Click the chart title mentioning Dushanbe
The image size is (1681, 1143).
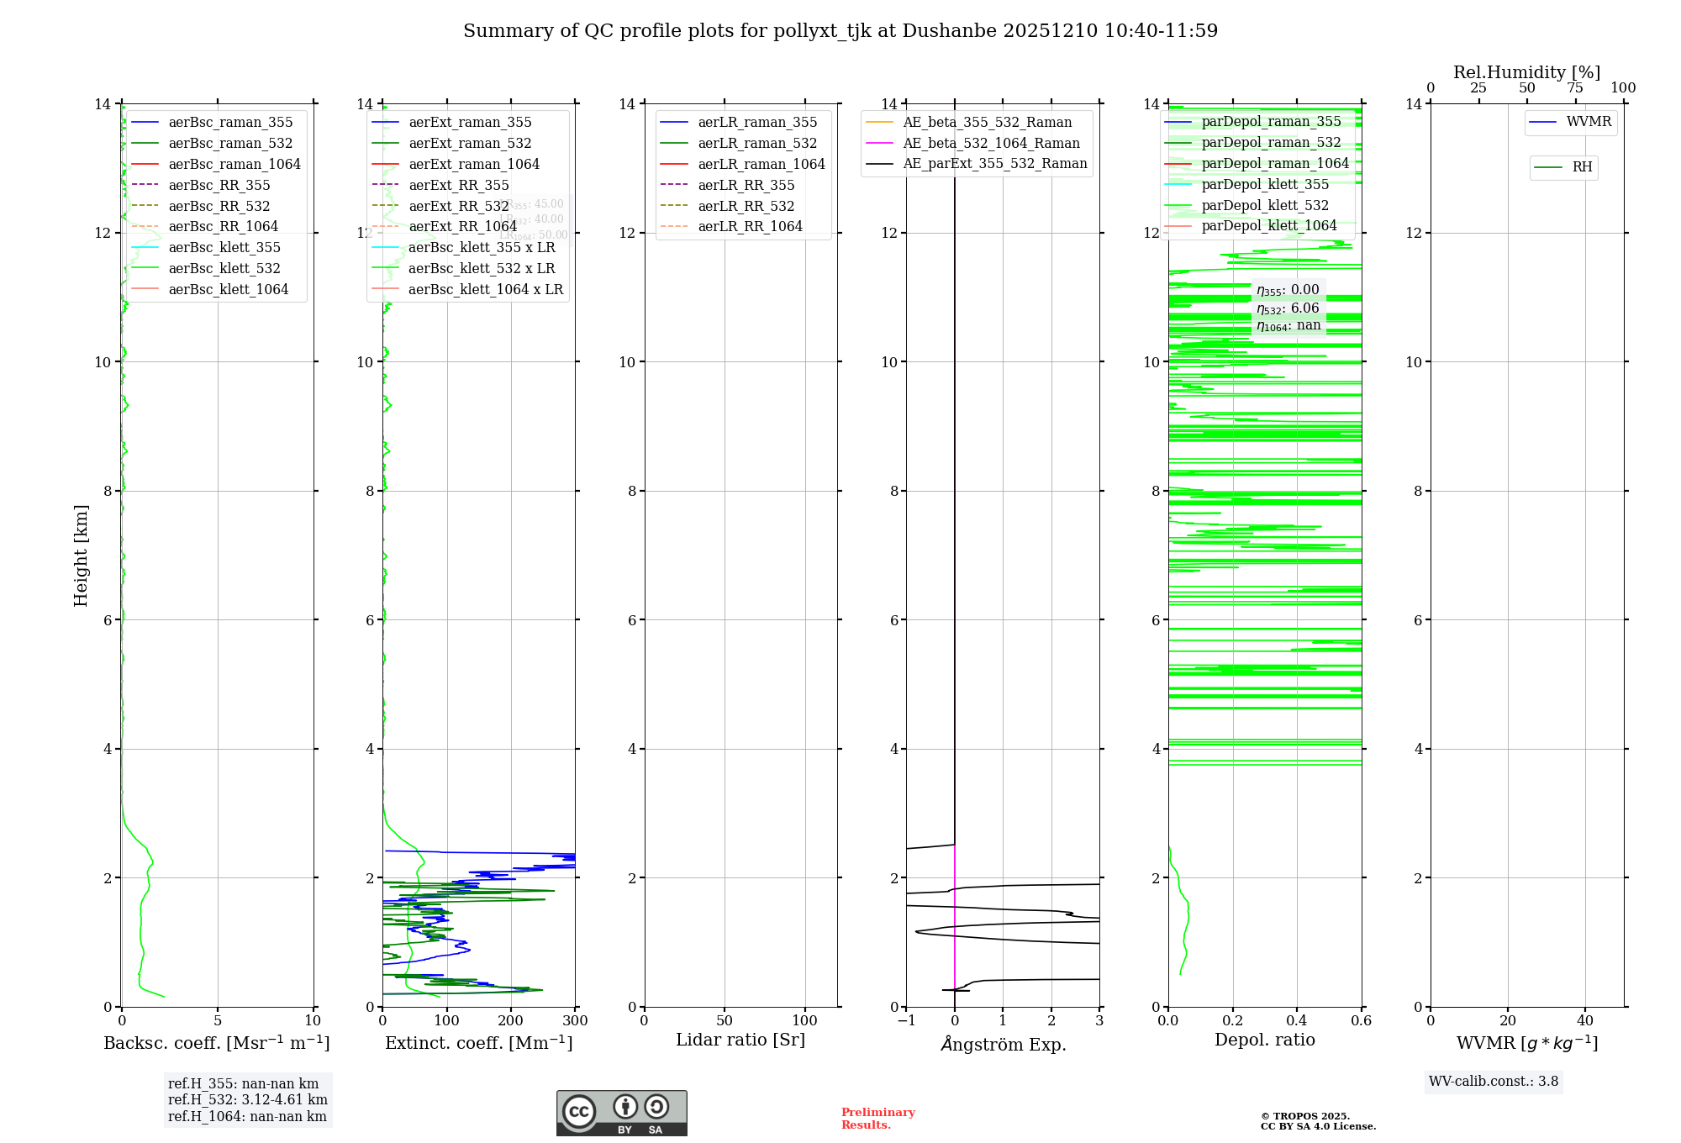[x=840, y=31]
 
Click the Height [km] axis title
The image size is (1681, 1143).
[x=81, y=556]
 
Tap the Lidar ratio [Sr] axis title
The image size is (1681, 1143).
[x=740, y=1040]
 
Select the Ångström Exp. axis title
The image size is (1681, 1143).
[x=1004, y=1045]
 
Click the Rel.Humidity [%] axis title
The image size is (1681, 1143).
[x=1526, y=72]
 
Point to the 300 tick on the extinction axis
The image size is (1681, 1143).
[x=576, y=1021]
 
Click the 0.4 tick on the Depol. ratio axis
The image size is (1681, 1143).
[x=1297, y=1021]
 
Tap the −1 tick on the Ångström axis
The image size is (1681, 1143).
[x=906, y=1021]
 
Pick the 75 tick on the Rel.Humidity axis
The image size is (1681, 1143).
[x=1575, y=88]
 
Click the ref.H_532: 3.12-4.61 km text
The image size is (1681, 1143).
[x=248, y=1100]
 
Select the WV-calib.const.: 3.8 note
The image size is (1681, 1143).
[x=1494, y=1082]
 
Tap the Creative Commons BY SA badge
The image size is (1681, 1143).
[x=621, y=1114]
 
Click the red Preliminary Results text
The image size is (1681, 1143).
[x=877, y=1119]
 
